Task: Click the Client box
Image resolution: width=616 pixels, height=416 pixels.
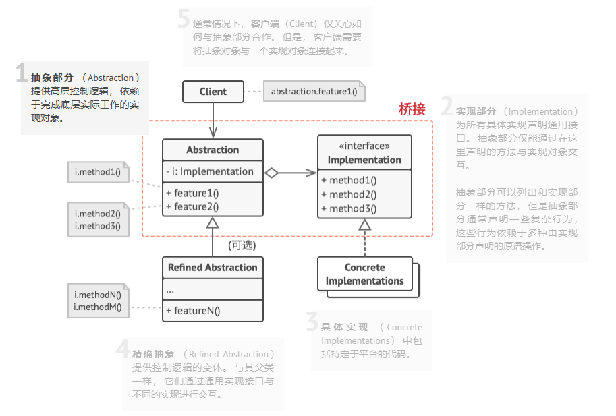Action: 213,92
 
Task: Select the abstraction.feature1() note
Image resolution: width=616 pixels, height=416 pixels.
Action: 314,92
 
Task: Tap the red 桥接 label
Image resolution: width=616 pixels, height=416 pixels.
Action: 412,109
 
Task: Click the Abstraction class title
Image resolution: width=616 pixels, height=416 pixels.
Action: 213,150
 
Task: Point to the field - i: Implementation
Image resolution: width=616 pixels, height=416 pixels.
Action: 210,171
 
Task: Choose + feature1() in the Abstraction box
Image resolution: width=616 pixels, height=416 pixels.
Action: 192,193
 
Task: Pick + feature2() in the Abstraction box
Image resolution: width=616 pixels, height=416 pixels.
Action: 192,206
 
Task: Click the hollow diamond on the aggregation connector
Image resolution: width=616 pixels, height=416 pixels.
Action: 271,173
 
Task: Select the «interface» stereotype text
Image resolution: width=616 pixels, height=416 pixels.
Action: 364,146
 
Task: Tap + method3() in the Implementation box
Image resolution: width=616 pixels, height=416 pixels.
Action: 349,208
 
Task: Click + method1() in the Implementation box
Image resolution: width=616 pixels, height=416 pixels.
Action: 349,180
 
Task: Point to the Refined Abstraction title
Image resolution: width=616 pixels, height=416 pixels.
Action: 213,267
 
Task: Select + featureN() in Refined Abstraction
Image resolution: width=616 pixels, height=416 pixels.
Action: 193,311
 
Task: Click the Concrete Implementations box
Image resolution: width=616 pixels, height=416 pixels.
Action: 364,274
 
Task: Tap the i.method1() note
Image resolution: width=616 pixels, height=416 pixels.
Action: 98,172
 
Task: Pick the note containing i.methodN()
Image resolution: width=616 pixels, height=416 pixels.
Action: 98,301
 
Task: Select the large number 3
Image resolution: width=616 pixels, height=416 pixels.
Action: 312,322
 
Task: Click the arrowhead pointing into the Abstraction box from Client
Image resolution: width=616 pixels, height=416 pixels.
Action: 213,134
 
